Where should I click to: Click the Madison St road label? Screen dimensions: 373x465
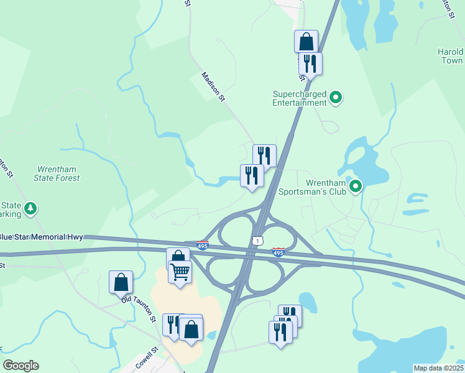[x=212, y=86]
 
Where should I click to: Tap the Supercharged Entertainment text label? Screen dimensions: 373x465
[x=300, y=98]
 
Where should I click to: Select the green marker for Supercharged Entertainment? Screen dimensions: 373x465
[x=336, y=98]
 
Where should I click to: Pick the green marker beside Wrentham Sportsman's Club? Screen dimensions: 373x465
[x=356, y=186]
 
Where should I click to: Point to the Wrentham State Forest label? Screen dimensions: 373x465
[x=58, y=173]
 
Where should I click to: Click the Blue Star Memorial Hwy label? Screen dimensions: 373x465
[x=41, y=237]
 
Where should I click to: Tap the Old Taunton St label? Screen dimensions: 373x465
[x=139, y=308]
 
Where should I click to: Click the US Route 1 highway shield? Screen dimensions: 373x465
[x=257, y=241]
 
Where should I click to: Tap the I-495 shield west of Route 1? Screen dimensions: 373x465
[x=203, y=246]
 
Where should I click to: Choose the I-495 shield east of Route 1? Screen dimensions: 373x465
[x=278, y=252]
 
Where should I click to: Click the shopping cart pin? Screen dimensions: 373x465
[x=180, y=272]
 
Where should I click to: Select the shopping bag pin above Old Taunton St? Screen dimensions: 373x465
[x=121, y=282]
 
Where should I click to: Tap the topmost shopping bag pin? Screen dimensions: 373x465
[x=306, y=42]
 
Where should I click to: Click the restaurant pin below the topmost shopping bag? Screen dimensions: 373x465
[x=310, y=63]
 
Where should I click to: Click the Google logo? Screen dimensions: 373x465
[x=21, y=366]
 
